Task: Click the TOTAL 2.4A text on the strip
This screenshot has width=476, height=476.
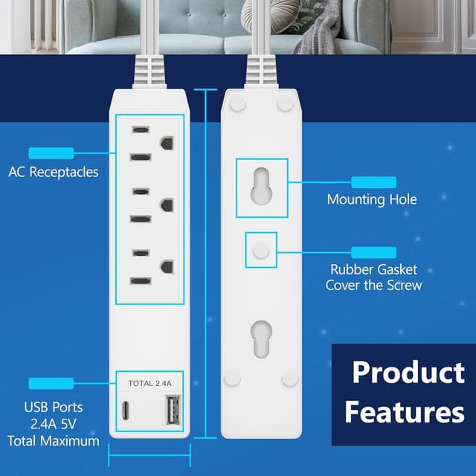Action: click(x=150, y=384)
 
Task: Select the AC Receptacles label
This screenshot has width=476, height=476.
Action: click(x=54, y=172)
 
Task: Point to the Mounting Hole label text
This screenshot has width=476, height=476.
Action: click(x=372, y=199)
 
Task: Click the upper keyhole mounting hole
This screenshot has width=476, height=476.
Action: click(x=262, y=187)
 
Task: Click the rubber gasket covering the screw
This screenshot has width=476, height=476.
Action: click(x=261, y=251)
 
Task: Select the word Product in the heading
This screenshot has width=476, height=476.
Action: click(x=408, y=372)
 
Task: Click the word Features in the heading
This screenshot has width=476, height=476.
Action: click(x=405, y=411)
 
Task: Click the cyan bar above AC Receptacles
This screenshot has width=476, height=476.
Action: click(x=51, y=153)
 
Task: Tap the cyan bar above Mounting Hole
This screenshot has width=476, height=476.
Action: click(x=374, y=181)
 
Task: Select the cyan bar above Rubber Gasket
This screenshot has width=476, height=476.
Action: click(x=374, y=252)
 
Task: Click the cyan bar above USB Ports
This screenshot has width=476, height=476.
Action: click(x=51, y=383)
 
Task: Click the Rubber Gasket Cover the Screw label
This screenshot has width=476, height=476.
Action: click(x=373, y=277)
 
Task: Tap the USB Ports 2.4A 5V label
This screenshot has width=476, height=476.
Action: click(x=54, y=424)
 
